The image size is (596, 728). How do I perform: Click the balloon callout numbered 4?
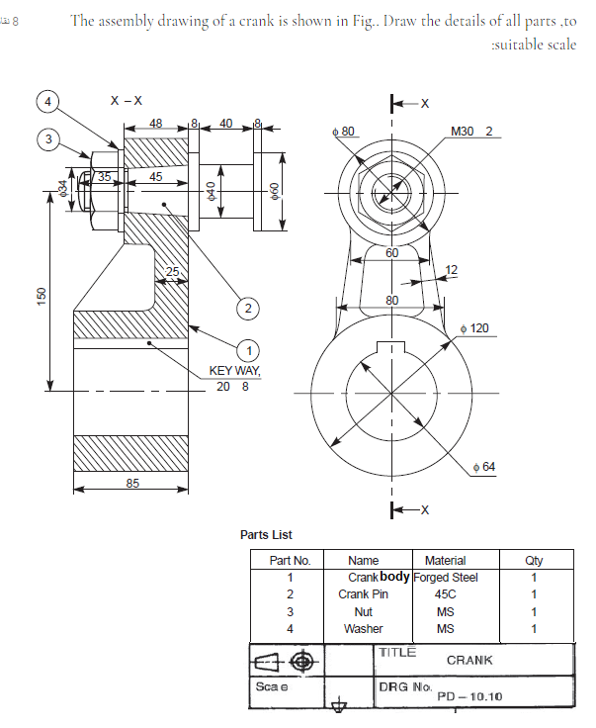coord(46,100)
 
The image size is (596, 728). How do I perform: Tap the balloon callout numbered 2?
coord(248,309)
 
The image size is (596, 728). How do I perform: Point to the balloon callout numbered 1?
coord(249,349)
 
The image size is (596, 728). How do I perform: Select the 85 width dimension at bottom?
coord(131,483)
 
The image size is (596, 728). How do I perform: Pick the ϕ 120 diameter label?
coord(475,327)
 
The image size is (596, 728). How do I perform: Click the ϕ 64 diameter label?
coord(483,466)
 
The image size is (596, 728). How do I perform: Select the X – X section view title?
coord(126,100)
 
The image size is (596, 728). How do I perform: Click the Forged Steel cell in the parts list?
coord(445,577)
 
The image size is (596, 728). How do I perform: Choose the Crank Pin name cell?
coord(363,594)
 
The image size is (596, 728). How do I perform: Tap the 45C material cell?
coord(445,594)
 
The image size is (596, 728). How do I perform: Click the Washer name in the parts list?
coord(363,628)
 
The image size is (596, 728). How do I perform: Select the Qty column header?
coord(534,560)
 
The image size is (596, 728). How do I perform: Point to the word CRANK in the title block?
coord(469,660)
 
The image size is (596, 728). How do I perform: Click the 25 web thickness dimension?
coord(173,271)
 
